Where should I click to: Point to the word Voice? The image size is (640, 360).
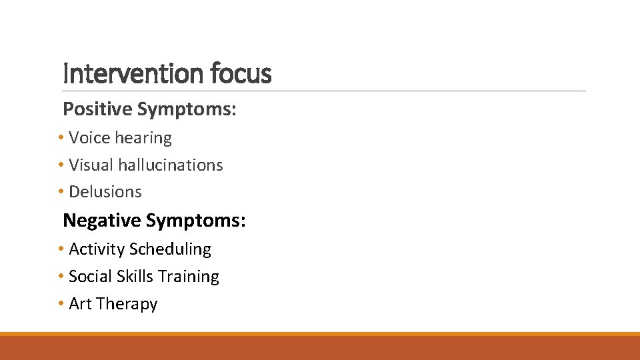click(89, 138)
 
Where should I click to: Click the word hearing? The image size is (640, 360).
click(143, 138)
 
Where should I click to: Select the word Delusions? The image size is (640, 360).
click(105, 192)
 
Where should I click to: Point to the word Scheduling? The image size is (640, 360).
click(170, 249)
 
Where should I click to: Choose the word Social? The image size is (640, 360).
click(90, 277)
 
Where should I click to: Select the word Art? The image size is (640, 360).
click(80, 304)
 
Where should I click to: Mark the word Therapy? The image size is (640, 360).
click(127, 305)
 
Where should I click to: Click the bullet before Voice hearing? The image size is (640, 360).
click(61, 138)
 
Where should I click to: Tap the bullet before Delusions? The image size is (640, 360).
click(61, 192)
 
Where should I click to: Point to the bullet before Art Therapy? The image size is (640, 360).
click(61, 304)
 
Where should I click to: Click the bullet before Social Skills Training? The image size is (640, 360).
click(61, 277)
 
